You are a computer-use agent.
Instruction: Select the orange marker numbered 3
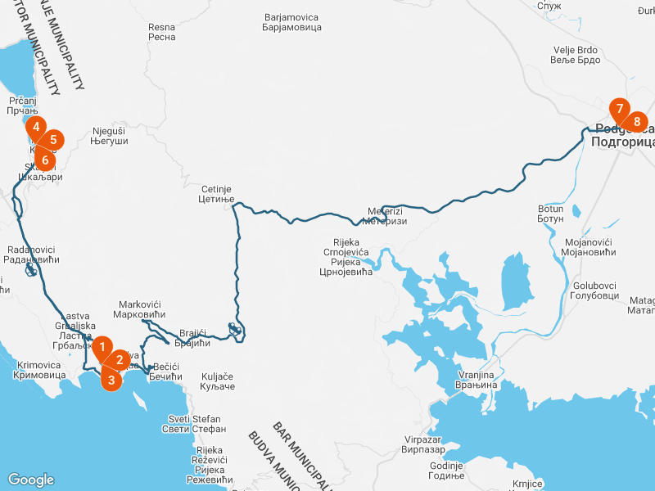coord(111,379)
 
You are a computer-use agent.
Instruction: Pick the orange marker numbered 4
coord(36,128)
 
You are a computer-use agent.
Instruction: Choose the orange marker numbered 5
coord(53,140)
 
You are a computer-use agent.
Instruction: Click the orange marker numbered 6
coord(46,158)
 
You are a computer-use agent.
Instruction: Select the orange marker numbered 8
coord(637,121)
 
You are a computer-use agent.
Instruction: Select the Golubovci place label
coord(589,291)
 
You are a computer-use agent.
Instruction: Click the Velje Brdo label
coord(576,56)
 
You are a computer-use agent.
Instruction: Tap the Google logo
coord(30,480)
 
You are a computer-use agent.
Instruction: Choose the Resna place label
coord(162,32)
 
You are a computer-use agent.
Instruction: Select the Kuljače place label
coord(217,382)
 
